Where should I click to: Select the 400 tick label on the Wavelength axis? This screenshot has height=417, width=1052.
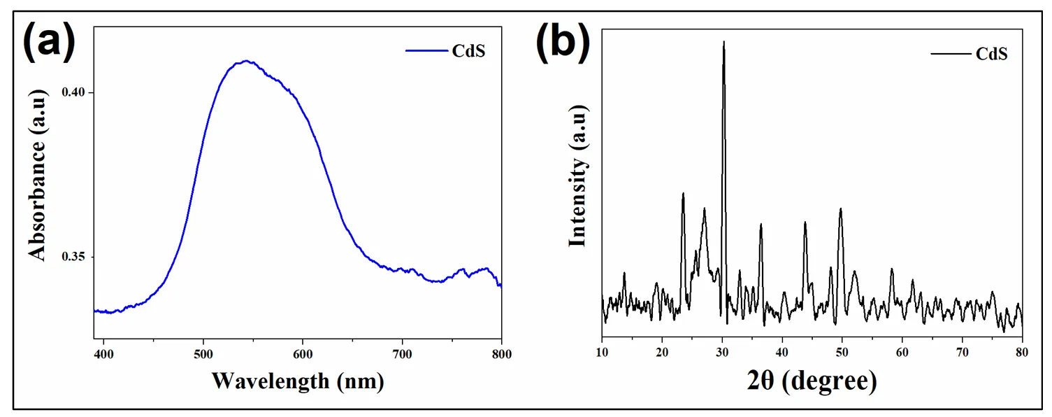pos(103,353)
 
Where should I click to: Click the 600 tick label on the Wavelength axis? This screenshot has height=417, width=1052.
pos(303,353)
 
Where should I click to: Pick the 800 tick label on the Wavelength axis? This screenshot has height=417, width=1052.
pos(501,353)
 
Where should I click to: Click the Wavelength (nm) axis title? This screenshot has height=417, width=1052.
pos(298,381)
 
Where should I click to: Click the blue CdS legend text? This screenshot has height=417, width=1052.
pos(469,51)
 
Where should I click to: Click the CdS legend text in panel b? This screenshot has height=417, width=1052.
pos(991,54)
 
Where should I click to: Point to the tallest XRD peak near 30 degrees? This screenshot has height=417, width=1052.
pos(723,42)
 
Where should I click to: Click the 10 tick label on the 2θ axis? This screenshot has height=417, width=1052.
pos(602,353)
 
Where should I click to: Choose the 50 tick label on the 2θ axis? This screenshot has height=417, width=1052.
pos(842,353)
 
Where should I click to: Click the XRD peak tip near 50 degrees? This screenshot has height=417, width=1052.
pos(840,208)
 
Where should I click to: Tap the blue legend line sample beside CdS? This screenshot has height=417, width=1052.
pos(427,51)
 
